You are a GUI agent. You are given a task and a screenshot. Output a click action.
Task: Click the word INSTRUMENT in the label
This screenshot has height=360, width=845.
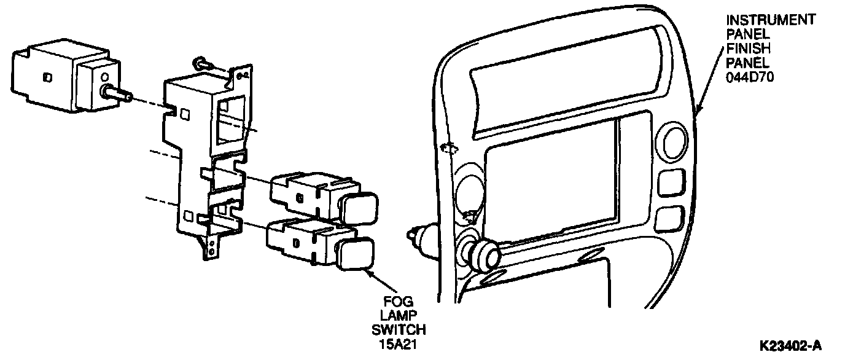point(771,20)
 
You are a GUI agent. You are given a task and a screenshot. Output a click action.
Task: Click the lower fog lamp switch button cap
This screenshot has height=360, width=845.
point(353,254)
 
